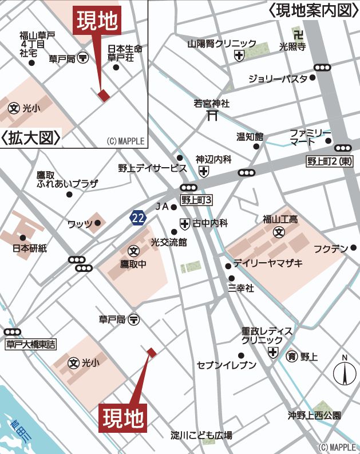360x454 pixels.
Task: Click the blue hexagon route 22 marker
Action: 137,218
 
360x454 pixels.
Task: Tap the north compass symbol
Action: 345,374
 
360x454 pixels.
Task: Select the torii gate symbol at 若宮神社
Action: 212,116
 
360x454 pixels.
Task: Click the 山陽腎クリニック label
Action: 222,44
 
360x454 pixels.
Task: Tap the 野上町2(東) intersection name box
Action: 330,162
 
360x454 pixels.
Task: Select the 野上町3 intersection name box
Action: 197,200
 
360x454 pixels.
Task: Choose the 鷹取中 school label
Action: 133,264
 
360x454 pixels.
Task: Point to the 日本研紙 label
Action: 30,248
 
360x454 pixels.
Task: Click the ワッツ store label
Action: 80,224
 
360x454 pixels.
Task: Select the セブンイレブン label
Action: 226,365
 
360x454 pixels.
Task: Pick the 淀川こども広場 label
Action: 201,436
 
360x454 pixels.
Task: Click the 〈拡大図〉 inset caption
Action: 31,138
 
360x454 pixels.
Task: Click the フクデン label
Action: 331,248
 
